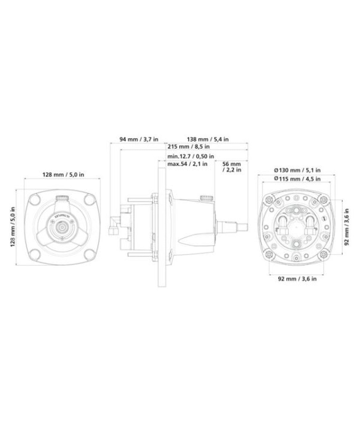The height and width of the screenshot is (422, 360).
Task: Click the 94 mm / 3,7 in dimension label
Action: (139, 139)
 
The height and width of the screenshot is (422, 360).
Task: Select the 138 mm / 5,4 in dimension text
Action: (208, 139)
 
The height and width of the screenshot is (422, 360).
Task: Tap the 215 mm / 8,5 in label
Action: (189, 146)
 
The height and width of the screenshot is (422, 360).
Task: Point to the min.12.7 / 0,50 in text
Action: (190, 156)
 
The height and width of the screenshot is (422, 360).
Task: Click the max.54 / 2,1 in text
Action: (187, 164)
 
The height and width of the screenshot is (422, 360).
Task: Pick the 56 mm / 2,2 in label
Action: (232, 167)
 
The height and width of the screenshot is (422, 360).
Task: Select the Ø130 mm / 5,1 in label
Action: (297, 170)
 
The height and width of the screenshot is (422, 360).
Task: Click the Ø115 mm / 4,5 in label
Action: (297, 179)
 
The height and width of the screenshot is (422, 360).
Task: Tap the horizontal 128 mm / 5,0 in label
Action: (63, 175)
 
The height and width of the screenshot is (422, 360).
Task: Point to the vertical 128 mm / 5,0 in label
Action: (13, 227)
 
